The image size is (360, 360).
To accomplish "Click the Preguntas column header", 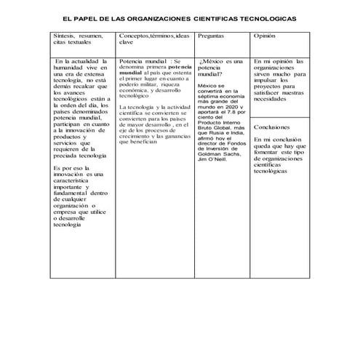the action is (x=212, y=36).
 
